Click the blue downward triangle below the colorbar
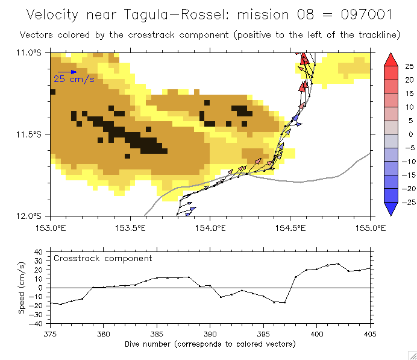point(390,209)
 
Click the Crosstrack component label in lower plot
point(103,258)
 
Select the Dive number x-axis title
point(210,344)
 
